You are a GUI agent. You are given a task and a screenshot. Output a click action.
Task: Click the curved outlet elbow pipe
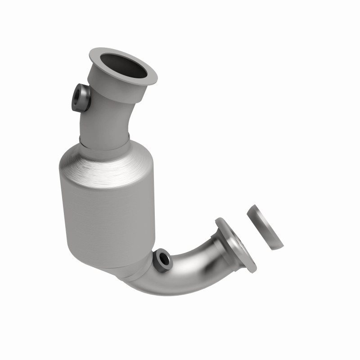click(x=189, y=270)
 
